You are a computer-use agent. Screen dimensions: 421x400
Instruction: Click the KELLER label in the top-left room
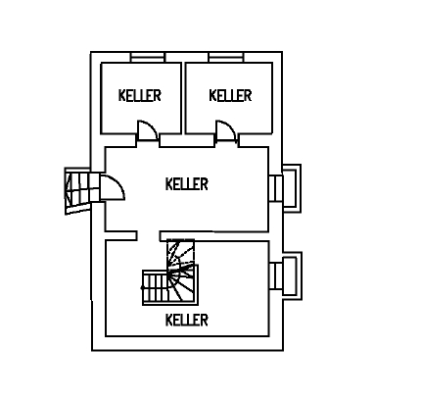point(140,95)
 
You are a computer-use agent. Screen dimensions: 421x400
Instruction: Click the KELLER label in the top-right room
point(230,95)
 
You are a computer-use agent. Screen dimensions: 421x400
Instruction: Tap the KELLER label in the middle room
point(187,184)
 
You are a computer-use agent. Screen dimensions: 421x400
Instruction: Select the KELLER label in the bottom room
point(187,320)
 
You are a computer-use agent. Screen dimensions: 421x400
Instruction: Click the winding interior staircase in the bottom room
point(170,273)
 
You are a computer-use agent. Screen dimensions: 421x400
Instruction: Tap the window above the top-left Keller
point(148,57)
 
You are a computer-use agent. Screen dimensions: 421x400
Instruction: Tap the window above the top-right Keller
point(226,57)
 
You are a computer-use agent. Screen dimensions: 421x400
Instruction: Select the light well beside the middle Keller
point(292,188)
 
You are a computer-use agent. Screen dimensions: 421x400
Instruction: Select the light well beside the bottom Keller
point(292,275)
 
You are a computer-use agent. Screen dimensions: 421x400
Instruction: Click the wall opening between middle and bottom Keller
point(148,236)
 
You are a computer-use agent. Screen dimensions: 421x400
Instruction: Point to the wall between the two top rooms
point(183,98)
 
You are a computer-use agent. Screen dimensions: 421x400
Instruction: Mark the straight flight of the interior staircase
point(155,287)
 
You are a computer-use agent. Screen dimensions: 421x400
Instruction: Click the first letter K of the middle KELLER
point(168,184)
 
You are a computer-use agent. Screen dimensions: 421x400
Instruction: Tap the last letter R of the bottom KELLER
point(205,320)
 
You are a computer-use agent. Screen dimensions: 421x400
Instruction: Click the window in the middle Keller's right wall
point(275,188)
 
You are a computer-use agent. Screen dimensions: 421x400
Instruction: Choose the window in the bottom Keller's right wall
point(276,275)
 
